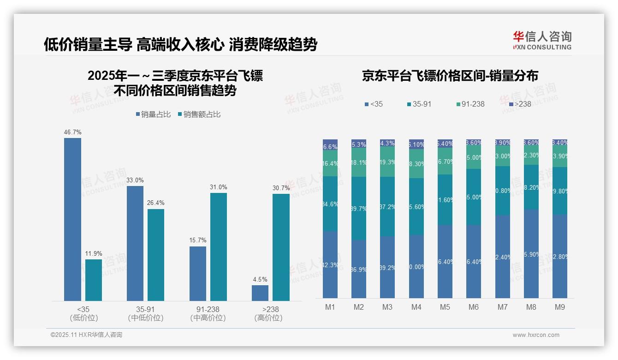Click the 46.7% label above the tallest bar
click(73, 132)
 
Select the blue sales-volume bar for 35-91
click(135, 243)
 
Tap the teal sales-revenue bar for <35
click(94, 280)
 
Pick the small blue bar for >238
click(260, 293)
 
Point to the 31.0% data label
click(219, 187)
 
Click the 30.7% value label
click(281, 188)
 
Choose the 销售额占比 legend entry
click(199, 114)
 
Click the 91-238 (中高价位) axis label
click(208, 313)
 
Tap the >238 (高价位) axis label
click(268, 313)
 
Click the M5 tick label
click(445, 307)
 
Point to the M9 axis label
click(559, 307)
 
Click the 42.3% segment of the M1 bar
click(330, 264)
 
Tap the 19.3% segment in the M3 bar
click(387, 162)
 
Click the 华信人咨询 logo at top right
click(542, 40)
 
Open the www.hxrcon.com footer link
click(536, 335)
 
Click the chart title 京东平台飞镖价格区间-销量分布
click(450, 76)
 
